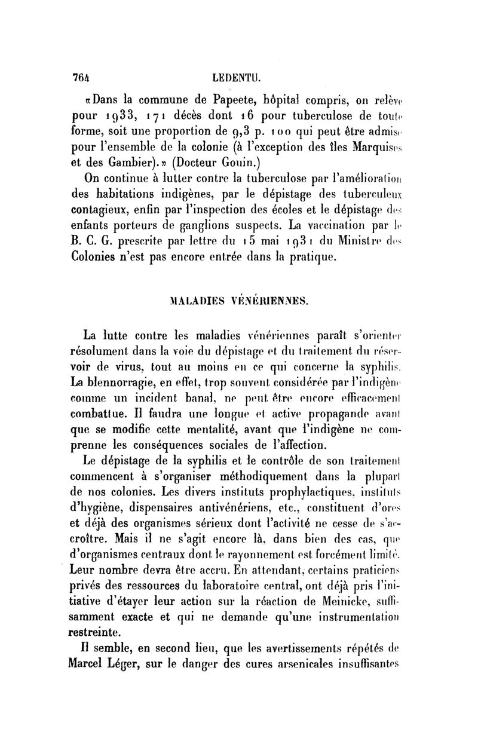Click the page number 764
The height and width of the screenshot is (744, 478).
(80, 77)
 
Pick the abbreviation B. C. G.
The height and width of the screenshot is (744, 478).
(91, 243)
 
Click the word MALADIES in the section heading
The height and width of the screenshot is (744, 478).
(185, 301)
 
